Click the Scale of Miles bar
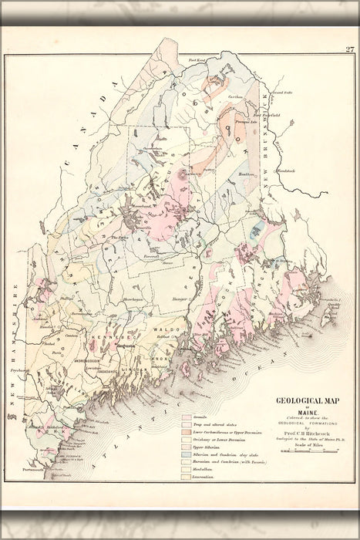coord(307,450)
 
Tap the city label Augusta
coord(126,346)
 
